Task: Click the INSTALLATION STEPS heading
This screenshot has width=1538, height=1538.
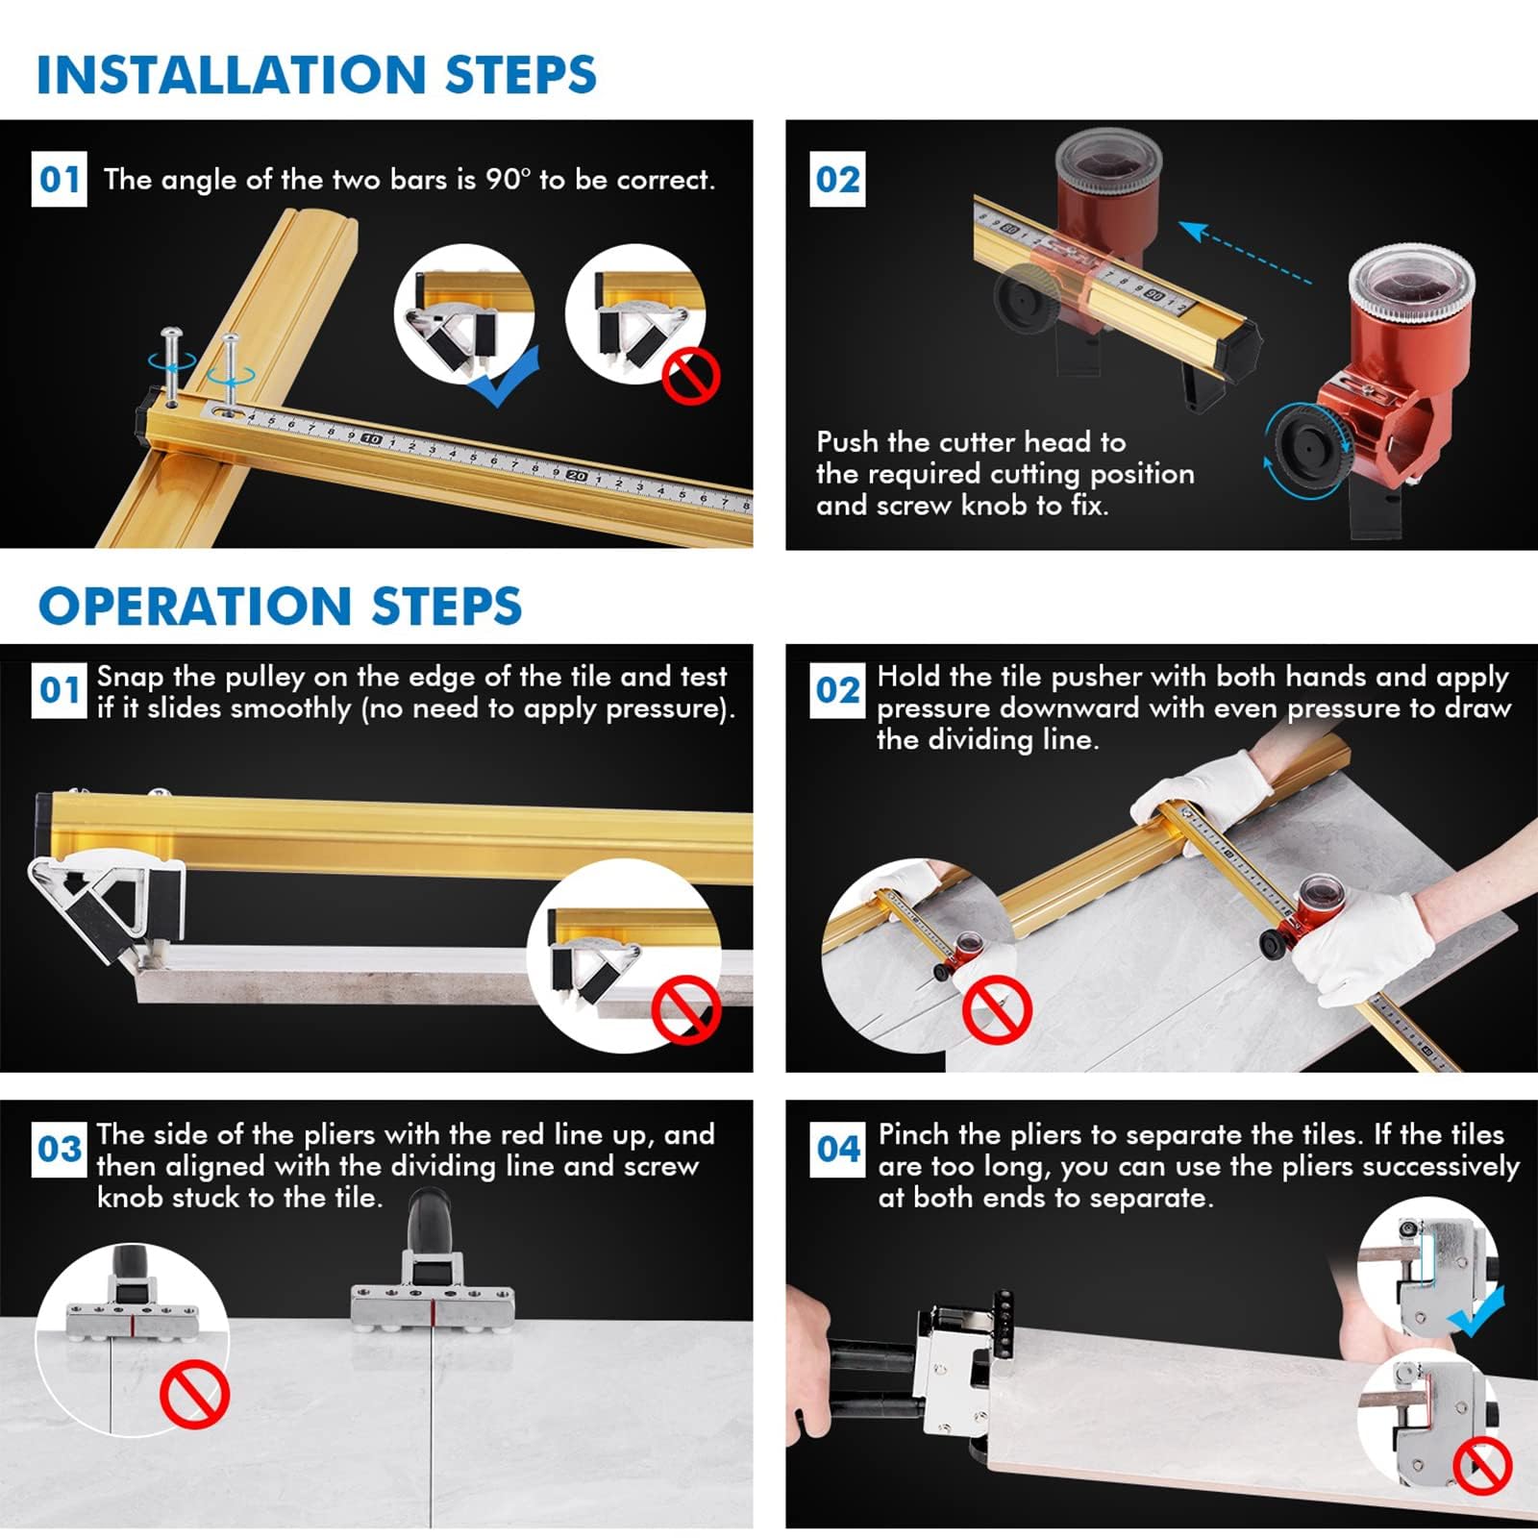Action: (x=316, y=74)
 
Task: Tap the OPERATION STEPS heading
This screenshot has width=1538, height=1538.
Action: (x=280, y=606)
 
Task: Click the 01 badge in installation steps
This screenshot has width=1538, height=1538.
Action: (x=60, y=179)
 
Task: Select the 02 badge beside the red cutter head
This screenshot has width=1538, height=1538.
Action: (x=837, y=179)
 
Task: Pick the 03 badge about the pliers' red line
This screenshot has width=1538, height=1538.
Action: (x=60, y=1149)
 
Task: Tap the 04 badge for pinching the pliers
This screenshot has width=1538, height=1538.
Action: (x=838, y=1149)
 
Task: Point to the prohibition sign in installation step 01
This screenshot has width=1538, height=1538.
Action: (x=691, y=376)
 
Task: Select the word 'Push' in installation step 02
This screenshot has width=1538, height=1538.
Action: (x=847, y=441)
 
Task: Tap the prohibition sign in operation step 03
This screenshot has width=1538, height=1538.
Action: (x=194, y=1397)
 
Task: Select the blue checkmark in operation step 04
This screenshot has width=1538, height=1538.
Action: (x=1476, y=1312)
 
